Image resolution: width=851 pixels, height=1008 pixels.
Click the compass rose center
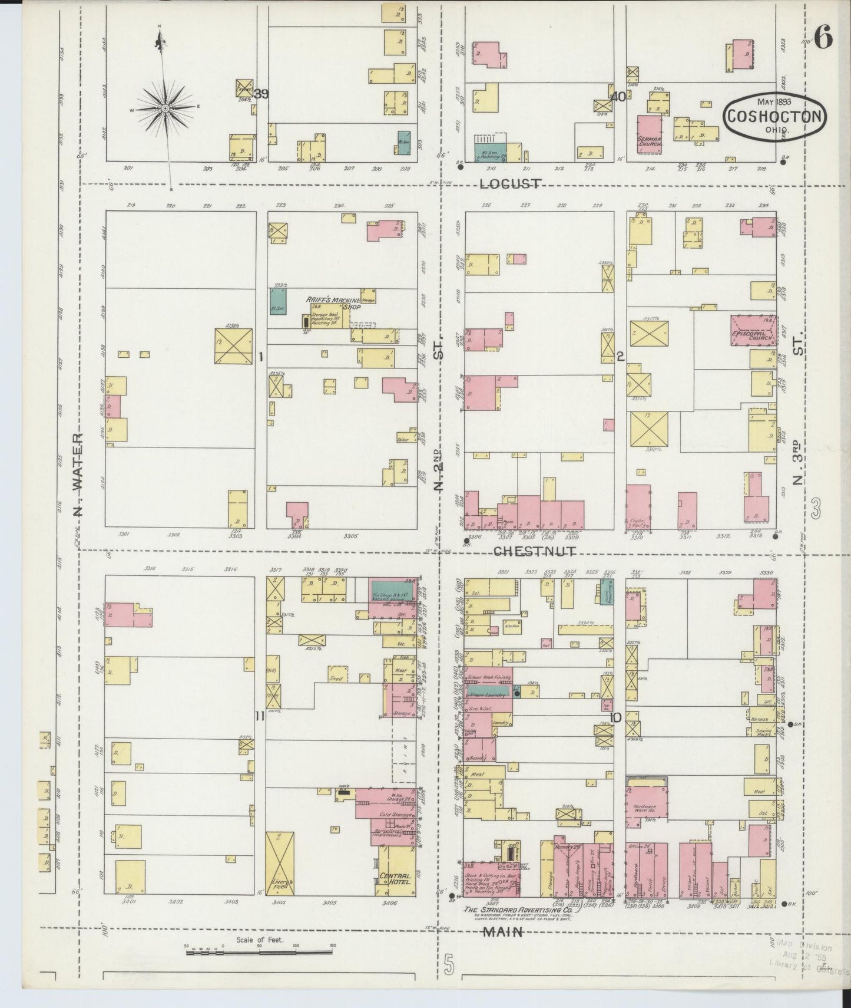[x=165, y=108]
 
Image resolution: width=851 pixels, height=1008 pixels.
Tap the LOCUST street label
[x=510, y=184]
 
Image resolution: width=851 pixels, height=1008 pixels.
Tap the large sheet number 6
[x=823, y=39]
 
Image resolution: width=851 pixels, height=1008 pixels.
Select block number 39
[x=261, y=94]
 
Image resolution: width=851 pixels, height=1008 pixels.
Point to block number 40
[x=618, y=97]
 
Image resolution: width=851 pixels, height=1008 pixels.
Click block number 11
[x=259, y=716]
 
